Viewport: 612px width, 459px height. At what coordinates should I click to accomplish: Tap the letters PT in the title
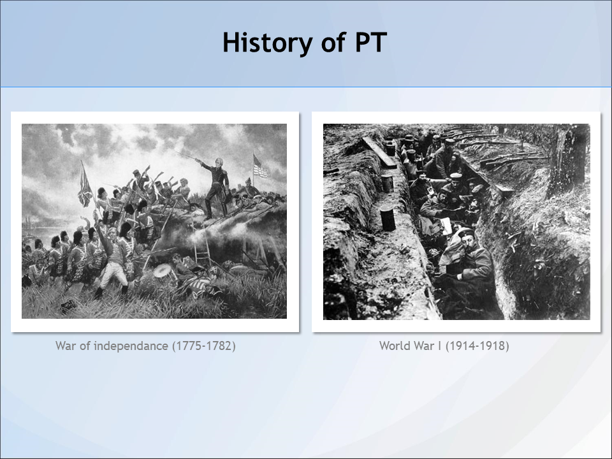(371, 42)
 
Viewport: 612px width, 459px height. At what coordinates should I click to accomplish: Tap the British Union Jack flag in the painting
(85, 185)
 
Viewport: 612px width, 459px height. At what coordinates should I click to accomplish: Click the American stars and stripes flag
(260, 166)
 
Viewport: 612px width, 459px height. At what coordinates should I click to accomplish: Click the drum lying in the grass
(162, 270)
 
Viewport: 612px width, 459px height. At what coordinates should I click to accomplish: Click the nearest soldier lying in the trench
(467, 259)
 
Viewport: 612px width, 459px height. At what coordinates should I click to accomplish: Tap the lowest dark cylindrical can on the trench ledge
(388, 218)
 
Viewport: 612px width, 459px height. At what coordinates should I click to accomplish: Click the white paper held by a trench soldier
(446, 226)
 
